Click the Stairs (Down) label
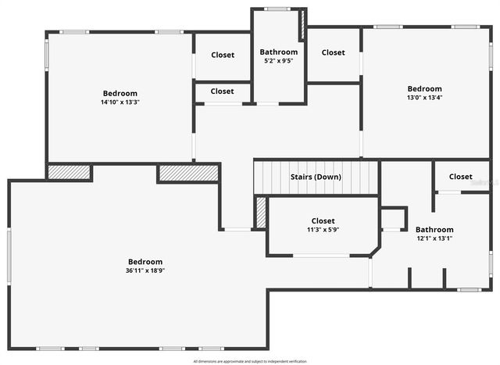point(316,177)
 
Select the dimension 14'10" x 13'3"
point(120,102)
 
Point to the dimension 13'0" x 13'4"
point(424,98)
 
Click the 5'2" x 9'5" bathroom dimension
point(278,61)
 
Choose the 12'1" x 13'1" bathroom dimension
point(434,238)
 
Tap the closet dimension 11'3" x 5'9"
point(323,230)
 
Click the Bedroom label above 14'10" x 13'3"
point(120,93)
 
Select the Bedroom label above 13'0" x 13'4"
point(424,88)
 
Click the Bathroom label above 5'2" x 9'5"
point(278,52)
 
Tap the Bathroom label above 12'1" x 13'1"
point(434,230)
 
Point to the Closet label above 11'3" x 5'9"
point(323,221)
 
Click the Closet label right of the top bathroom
point(333,52)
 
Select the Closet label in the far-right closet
point(460,177)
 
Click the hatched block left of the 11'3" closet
point(261,213)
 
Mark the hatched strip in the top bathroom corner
point(302,25)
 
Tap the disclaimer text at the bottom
point(250,361)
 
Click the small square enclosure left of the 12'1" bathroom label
point(393,218)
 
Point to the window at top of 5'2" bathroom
point(277,9)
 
